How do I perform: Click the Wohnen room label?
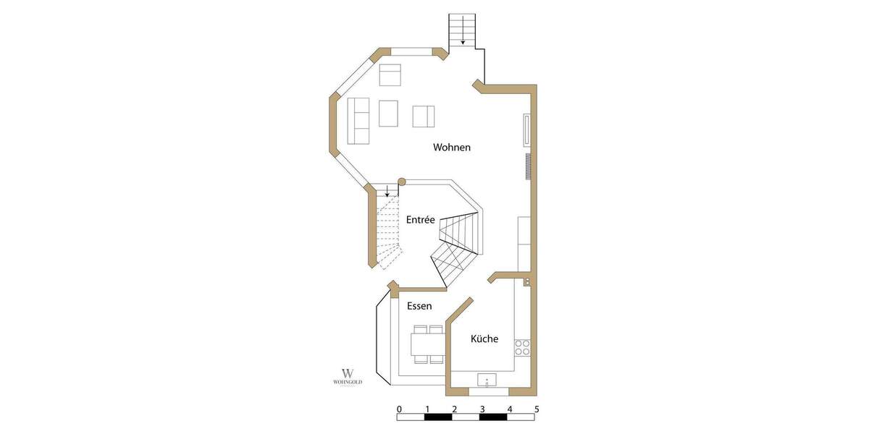coord(452,148)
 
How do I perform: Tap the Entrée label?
coord(420,220)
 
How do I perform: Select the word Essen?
coord(419,306)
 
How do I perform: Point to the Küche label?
coord(484,339)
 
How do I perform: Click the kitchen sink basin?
coord(487,380)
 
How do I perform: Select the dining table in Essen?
coord(427,344)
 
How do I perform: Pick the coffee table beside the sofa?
coord(389,113)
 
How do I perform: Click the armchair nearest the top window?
coord(390,75)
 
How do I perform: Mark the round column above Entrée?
coord(402,183)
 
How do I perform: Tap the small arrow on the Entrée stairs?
coord(387,192)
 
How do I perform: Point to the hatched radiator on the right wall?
coord(529,165)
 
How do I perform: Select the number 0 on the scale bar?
coord(399,409)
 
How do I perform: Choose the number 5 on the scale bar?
coord(537,409)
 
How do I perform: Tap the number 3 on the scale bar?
coord(482,409)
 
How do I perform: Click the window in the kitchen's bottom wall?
coord(488,392)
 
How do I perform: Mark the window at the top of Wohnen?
coord(412,52)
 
